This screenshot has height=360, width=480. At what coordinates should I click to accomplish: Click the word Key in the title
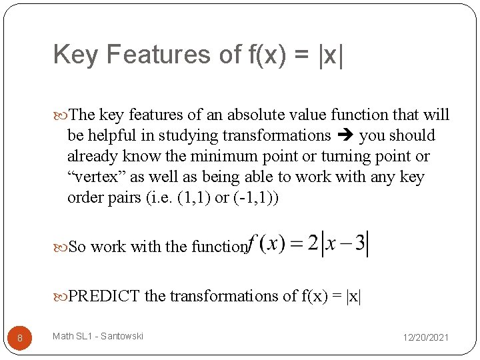click(75, 55)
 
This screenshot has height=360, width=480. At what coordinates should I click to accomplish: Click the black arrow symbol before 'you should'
click(345, 136)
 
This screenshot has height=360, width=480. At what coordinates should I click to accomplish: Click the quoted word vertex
click(99, 177)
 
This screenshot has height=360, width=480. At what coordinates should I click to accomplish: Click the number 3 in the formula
click(360, 243)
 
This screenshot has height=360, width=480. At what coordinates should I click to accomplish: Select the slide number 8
click(20, 338)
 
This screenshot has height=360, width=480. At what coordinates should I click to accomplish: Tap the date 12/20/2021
click(425, 337)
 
